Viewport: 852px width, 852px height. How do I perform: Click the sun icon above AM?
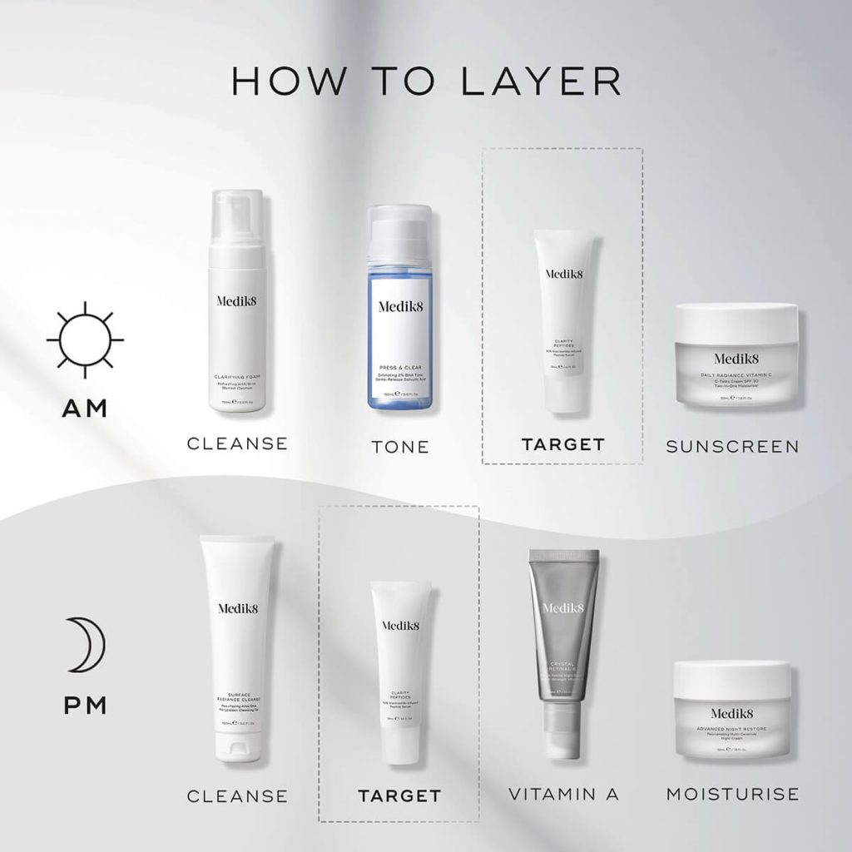(84, 340)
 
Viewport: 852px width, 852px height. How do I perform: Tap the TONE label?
(399, 447)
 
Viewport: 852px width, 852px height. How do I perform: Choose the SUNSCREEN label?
(732, 447)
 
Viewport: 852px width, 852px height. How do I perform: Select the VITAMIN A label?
(564, 795)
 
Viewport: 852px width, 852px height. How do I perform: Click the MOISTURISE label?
(732, 795)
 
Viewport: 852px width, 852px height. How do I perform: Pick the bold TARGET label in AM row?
(562, 444)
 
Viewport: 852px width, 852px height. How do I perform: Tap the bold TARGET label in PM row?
(399, 796)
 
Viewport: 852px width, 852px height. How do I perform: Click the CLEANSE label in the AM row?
(237, 443)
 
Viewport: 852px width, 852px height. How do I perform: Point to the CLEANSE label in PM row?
(237, 796)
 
